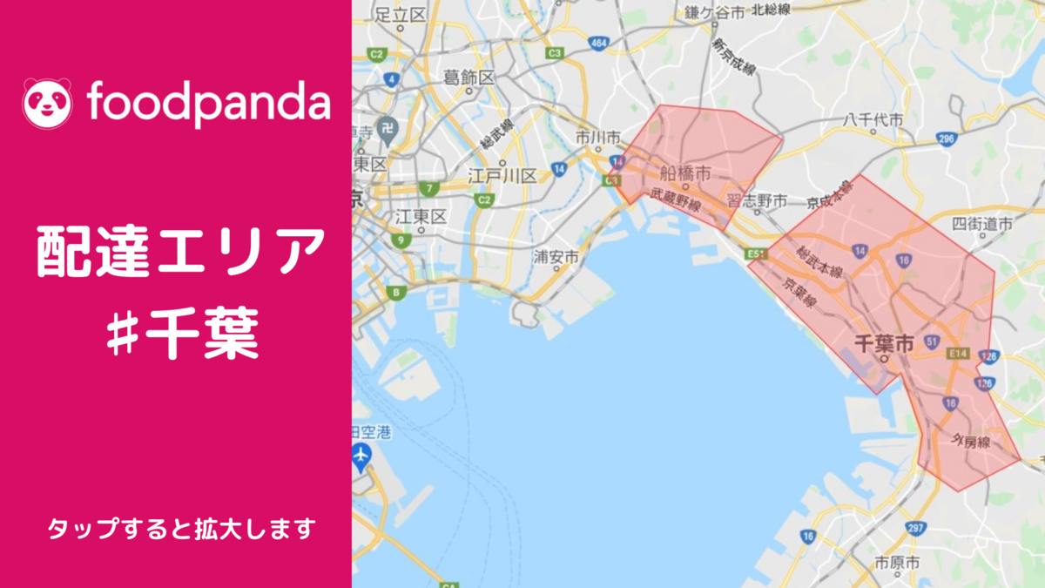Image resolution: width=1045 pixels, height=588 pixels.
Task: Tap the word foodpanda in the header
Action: (x=209, y=103)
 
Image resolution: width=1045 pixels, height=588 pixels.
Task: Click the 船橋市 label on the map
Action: (x=687, y=171)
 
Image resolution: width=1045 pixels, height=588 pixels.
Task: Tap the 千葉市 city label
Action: (x=883, y=343)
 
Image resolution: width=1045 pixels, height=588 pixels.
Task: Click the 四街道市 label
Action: (x=983, y=224)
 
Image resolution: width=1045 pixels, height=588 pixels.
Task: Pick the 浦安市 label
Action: (x=556, y=257)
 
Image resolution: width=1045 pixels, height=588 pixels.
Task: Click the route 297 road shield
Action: (x=914, y=528)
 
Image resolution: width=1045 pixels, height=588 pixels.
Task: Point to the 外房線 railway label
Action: (x=971, y=443)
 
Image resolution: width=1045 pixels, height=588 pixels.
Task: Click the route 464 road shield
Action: (x=598, y=42)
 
